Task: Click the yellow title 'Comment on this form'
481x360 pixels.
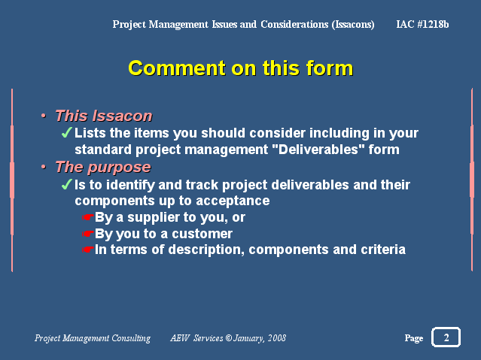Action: (x=241, y=68)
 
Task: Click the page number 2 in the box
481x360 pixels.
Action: (x=446, y=337)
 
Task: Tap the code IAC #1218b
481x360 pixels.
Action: (x=422, y=24)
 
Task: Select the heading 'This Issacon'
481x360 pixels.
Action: (x=104, y=116)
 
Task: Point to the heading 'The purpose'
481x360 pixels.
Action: (x=103, y=168)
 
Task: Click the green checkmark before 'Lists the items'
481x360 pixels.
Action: (x=66, y=133)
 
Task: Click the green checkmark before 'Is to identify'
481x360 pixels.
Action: (x=66, y=184)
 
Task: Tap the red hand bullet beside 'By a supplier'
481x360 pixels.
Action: (x=87, y=217)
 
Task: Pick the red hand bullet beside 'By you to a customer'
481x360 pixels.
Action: (x=87, y=234)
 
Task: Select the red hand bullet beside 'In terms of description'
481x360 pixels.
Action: (x=87, y=250)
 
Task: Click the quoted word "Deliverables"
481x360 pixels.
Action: (x=318, y=150)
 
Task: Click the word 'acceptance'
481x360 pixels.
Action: (x=233, y=201)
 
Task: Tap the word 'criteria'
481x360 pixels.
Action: (x=383, y=250)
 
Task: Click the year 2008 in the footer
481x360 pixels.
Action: (x=277, y=338)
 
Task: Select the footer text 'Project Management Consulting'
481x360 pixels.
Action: (x=93, y=338)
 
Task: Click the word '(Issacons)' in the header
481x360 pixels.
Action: (x=353, y=25)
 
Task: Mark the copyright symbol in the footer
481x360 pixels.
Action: (x=229, y=338)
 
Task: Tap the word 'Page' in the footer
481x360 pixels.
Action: (x=414, y=338)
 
